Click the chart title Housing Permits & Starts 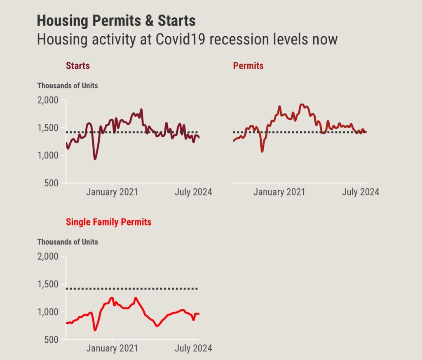coord(116,21)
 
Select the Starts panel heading coord(77,66)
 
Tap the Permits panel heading coord(248,66)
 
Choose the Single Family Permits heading coord(108,222)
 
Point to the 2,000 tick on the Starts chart coord(49,100)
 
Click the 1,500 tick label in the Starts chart coord(49,128)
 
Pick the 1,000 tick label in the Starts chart coord(49,155)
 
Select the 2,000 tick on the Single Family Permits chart coord(49,256)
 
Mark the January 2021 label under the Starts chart coord(112,192)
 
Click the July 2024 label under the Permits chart coord(361,192)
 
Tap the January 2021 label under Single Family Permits coord(112,348)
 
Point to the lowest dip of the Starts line coord(95,159)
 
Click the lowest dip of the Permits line coord(262,151)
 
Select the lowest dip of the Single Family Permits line coord(95,330)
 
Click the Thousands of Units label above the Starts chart coord(68,86)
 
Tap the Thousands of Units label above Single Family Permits coord(68,242)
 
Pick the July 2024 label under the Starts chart coord(193,192)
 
